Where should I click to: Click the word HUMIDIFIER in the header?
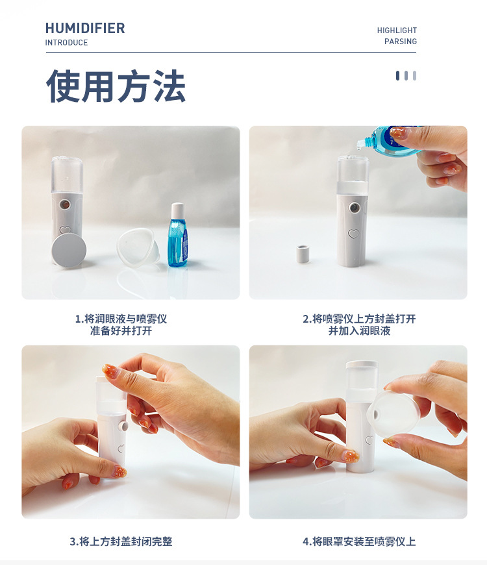point(85,29)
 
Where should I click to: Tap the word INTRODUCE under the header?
point(66,43)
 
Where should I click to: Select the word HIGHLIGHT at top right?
point(397,31)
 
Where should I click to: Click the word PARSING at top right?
point(400,42)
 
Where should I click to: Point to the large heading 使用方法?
point(116,86)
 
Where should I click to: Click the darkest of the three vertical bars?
point(397,76)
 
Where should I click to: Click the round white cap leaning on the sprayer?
point(68,250)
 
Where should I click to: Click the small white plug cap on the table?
point(302,254)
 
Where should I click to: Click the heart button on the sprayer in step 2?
point(353,234)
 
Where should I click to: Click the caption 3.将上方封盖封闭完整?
point(121,541)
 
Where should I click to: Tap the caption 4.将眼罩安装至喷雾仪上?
point(359,541)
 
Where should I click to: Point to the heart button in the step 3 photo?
point(121,448)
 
